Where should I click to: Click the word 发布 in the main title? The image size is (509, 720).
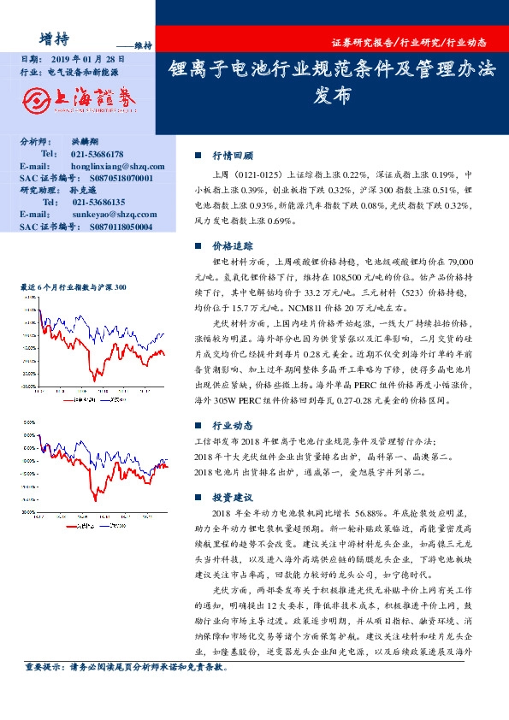[332, 97]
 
